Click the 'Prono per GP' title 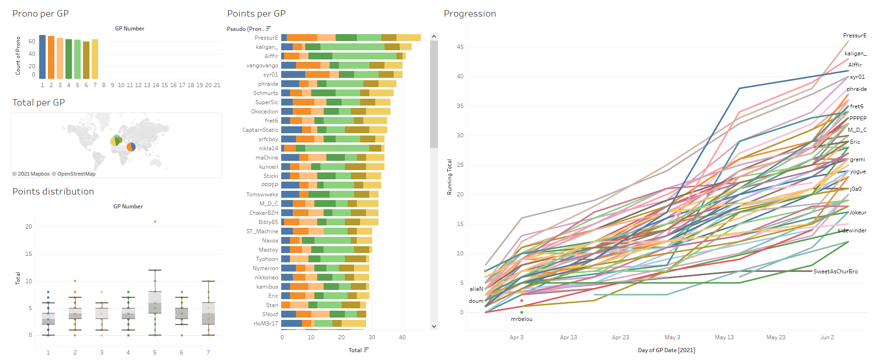point(41,14)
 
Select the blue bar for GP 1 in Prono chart point(42,57)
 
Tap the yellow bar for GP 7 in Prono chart point(95,59)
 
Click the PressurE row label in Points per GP point(266,38)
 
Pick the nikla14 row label point(268,148)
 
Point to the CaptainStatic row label point(260,130)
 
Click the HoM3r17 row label point(266,324)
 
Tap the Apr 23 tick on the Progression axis point(621,337)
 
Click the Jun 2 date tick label point(827,337)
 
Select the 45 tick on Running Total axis point(460,47)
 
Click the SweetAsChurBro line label point(835,271)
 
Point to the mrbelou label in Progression point(521,319)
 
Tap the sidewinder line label point(852,230)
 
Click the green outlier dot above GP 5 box point(155,222)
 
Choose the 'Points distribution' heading point(53,192)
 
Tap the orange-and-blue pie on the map point(131,147)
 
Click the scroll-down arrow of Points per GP point(434,326)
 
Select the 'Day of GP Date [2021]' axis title point(666,350)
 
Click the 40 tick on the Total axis point(402,337)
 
